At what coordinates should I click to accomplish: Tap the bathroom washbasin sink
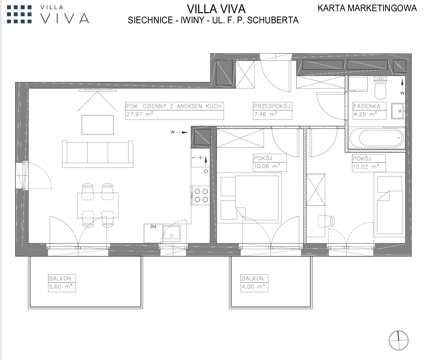click(397, 111)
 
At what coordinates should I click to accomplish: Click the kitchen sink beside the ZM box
click(172, 233)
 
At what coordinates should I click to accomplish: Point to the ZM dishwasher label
click(153, 227)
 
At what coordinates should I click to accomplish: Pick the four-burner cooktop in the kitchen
click(201, 195)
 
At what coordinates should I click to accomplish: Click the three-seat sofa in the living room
click(98, 154)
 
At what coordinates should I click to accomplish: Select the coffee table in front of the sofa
click(98, 125)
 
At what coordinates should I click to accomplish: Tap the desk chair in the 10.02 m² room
click(326, 221)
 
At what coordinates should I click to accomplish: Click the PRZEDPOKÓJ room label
click(272, 106)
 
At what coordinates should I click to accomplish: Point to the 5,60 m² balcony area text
click(60, 287)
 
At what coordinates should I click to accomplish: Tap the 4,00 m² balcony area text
click(253, 287)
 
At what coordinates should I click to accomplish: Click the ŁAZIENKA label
click(367, 106)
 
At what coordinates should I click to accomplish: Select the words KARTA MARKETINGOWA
click(367, 8)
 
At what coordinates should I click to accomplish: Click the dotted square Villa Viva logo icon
click(19, 14)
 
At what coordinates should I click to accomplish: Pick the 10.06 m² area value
click(267, 166)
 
